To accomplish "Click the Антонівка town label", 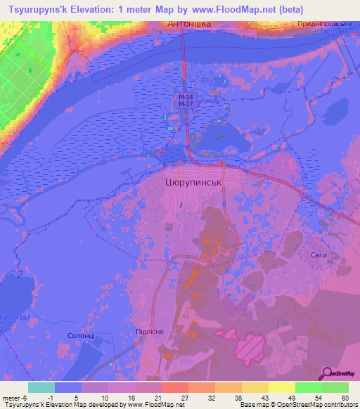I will coord(191,25).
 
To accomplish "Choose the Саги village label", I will coord(319,254).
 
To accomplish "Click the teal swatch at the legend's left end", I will coord(41,387).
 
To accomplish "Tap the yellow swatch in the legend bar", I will coord(281,387).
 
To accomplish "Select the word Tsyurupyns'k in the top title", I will coord(37,8).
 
